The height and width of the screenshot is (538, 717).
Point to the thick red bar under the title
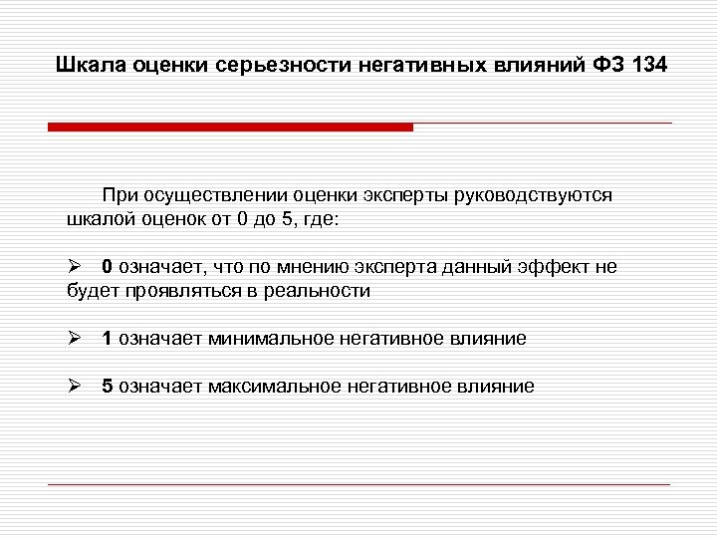coord(230,127)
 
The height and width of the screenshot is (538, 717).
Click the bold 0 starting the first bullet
coord(107,267)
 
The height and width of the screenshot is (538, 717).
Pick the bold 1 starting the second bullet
coord(107,339)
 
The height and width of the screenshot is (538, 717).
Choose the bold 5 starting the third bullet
coord(107,387)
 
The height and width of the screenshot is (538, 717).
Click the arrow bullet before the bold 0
coord(72,267)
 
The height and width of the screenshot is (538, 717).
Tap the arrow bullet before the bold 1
coord(72,339)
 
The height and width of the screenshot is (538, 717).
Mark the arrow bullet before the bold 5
coord(72,387)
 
